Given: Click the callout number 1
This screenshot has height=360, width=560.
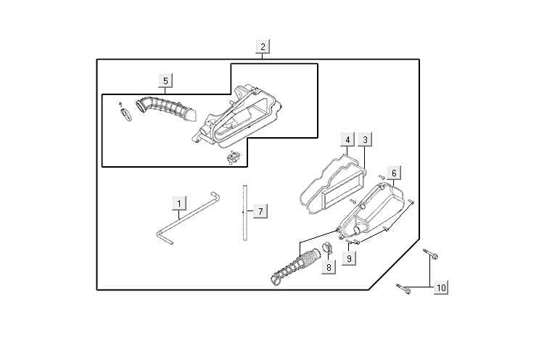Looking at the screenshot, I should click(x=179, y=203).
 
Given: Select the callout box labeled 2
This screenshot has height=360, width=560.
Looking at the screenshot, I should click(x=263, y=46).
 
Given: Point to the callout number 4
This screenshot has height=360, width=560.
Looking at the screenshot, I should click(x=348, y=139).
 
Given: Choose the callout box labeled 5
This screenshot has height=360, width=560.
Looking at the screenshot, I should click(x=165, y=81).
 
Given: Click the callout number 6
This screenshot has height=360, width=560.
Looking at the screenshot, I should click(x=393, y=173).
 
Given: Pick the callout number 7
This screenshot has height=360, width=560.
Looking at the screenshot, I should click(x=260, y=211).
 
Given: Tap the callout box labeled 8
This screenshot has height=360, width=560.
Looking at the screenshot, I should click(x=329, y=267).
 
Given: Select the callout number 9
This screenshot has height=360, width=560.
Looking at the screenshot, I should click(x=349, y=258).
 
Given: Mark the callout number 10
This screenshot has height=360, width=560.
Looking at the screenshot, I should click(x=441, y=288).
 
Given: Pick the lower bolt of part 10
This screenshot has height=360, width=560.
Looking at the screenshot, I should click(x=404, y=290).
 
